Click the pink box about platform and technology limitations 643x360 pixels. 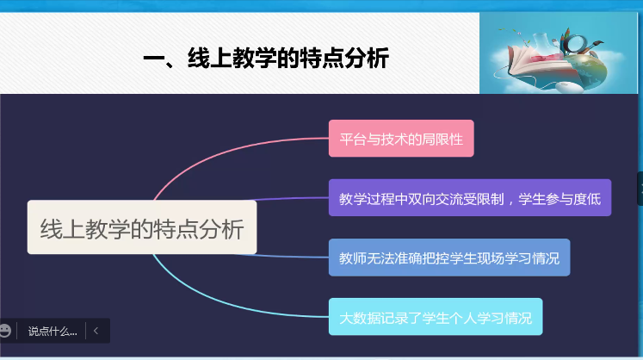point(401,139)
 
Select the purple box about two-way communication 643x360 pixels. point(470,198)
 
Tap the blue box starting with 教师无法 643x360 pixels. point(449,258)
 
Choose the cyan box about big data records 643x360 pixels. point(436,317)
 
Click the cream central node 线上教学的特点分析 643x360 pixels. point(142,227)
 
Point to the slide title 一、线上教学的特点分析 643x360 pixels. point(266,58)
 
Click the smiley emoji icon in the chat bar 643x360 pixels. point(5,331)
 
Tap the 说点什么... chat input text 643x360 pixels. point(53,332)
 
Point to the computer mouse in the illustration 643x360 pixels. point(567,87)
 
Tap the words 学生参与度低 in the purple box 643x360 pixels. point(560,199)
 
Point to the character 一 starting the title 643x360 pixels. point(154,59)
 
